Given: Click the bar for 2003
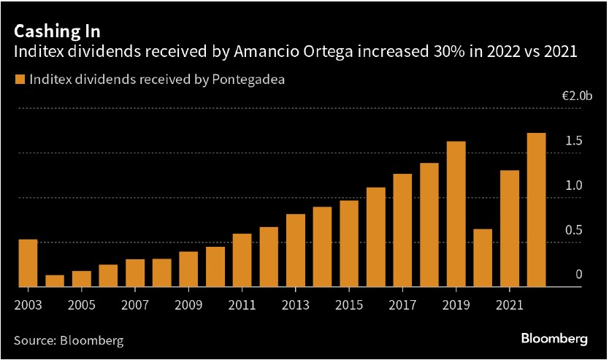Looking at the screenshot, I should click(28, 264).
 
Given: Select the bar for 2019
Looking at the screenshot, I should click(456, 215).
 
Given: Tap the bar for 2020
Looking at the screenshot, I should click(483, 258).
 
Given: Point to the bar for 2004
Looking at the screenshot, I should click(55, 281).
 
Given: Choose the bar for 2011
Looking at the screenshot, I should click(242, 261).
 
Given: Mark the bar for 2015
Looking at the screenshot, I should click(349, 244).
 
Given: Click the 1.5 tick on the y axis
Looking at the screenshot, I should click(573, 140).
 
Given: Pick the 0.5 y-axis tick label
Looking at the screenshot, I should click(573, 230).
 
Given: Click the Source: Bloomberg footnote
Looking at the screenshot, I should click(69, 340).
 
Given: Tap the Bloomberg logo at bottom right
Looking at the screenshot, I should click(554, 339).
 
